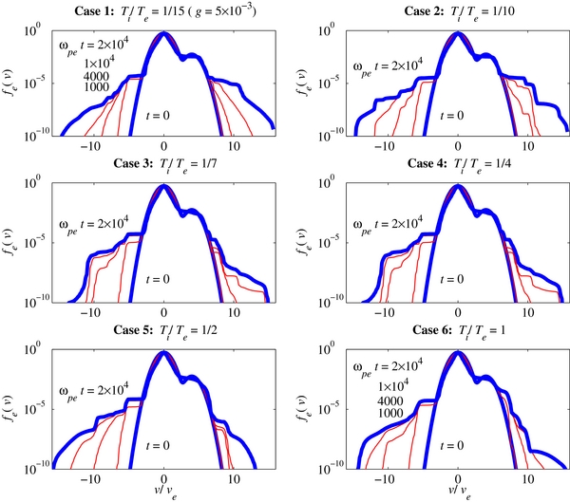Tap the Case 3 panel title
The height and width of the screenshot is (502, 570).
tap(164, 167)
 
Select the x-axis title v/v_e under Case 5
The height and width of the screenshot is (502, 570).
tap(164, 491)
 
